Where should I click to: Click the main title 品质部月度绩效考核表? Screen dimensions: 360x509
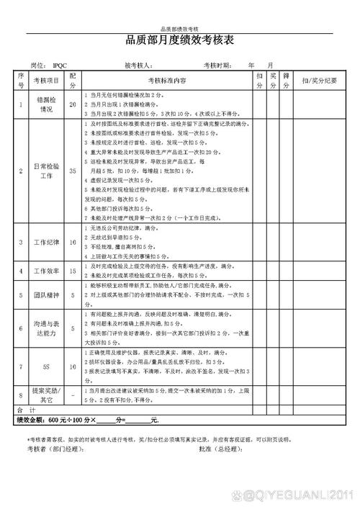coord(179,41)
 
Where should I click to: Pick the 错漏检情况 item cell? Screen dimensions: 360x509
coord(45,104)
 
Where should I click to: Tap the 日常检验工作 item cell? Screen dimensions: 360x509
coord(45,171)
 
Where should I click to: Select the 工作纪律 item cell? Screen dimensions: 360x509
coord(45,243)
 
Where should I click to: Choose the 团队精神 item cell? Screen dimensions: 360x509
coord(45,294)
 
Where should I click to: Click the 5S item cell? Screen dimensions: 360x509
coord(45,346)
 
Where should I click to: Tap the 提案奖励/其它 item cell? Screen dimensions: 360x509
coord(45,374)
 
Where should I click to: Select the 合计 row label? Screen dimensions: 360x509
coord(25,388)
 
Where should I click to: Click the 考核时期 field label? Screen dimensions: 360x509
coord(217,65)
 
